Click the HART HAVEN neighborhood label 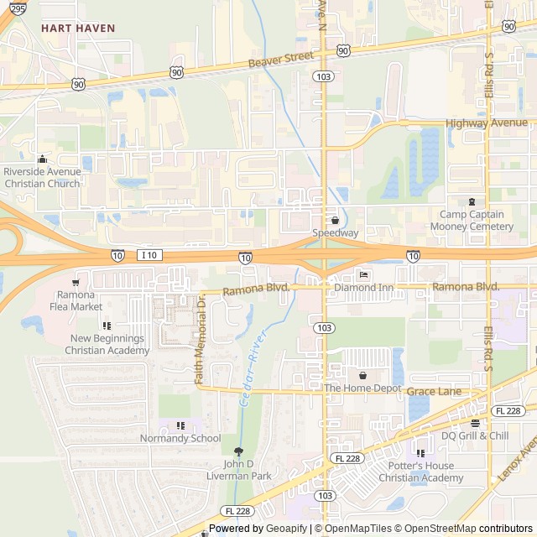[78, 28]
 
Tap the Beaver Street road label [281, 60]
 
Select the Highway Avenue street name [487, 123]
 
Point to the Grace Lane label [434, 392]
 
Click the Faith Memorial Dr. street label [201, 340]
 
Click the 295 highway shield [18, 8]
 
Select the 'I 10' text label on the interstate [150, 254]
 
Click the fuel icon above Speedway [335, 220]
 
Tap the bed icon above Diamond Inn [363, 275]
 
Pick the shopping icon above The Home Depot [362, 375]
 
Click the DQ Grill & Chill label [475, 435]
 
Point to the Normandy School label [180, 438]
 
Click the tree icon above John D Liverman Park [238, 451]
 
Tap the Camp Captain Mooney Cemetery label [472, 221]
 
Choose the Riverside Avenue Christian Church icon [42, 159]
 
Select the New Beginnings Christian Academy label [107, 344]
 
